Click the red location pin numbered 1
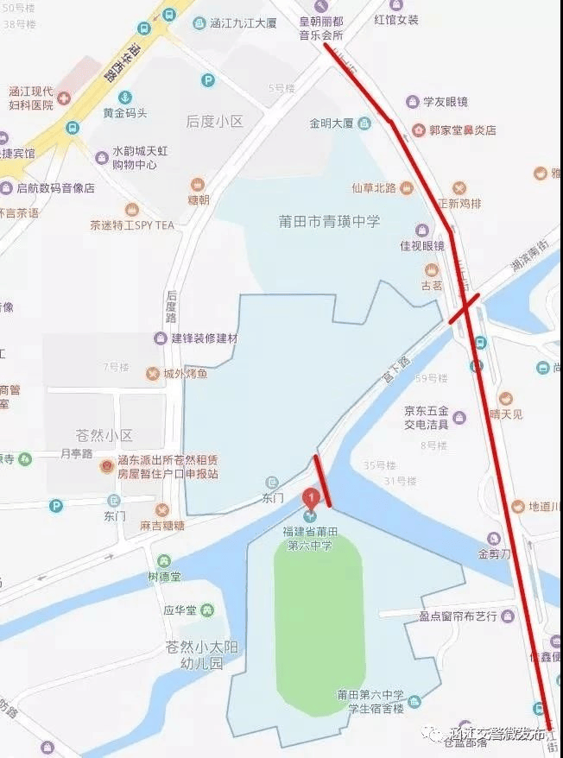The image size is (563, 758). (x=311, y=498)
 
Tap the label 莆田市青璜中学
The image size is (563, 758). (x=329, y=221)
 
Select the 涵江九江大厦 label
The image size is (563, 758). (x=244, y=22)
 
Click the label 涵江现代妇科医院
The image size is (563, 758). (x=31, y=98)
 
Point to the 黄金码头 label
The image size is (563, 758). (x=125, y=113)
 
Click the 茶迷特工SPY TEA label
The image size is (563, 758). (x=132, y=224)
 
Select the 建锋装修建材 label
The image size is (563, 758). (x=204, y=338)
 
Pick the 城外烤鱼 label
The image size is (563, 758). (x=186, y=373)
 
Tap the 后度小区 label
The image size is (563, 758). (x=215, y=122)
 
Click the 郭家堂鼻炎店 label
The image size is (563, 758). (x=462, y=130)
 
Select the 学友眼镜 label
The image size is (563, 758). (x=445, y=102)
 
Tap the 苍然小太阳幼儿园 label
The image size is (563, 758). (x=194, y=655)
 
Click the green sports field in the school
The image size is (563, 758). (x=319, y=622)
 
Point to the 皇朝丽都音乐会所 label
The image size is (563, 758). (x=321, y=28)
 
